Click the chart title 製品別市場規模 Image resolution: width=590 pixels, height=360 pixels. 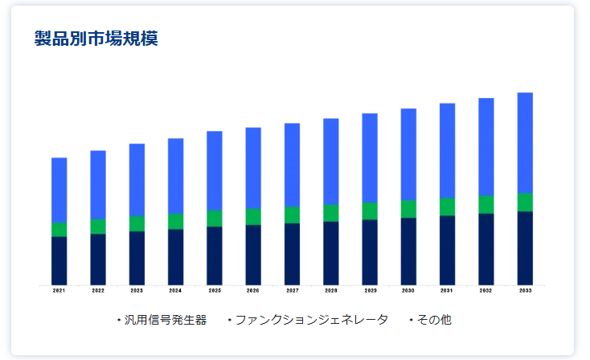[96, 38]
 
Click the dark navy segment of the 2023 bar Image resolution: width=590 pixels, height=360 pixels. [137, 258]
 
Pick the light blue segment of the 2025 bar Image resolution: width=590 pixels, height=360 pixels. [215, 170]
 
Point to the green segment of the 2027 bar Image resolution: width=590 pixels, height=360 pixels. [292, 215]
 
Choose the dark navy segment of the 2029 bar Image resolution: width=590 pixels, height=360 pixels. [370, 252]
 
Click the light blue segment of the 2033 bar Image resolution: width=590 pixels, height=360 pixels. [525, 142]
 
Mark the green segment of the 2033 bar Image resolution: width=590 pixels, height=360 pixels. [525, 202]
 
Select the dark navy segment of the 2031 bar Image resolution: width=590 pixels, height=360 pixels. [447, 250]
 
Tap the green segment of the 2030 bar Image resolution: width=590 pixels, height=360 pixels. [408, 209]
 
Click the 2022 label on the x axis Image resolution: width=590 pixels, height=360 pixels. [98, 291]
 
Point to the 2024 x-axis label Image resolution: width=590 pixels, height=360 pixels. [175, 291]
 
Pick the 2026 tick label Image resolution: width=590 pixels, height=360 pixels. [253, 291]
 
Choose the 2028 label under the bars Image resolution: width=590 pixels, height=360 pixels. [330, 291]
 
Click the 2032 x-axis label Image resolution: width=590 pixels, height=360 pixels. [486, 291]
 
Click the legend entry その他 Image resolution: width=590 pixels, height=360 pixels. [435, 320]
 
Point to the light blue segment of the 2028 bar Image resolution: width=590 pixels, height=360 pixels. [330, 161]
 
